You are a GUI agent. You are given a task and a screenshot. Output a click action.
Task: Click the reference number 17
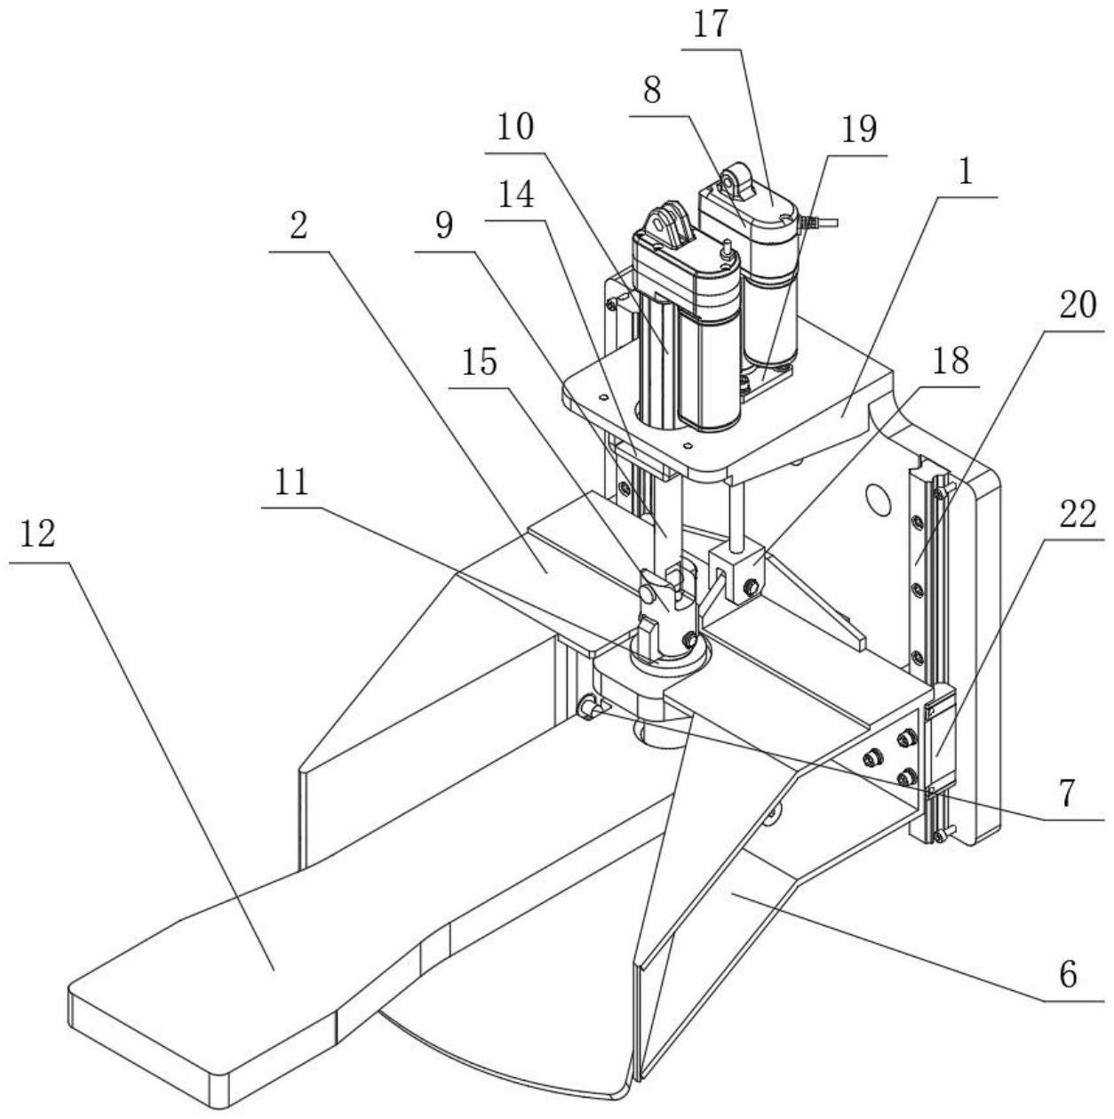(x=712, y=26)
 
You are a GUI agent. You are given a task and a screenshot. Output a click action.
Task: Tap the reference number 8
(x=652, y=92)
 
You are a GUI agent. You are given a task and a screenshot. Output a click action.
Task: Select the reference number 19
(x=858, y=130)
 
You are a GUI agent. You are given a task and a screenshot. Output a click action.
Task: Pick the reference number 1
(x=966, y=171)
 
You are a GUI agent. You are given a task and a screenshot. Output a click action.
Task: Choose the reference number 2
(x=298, y=226)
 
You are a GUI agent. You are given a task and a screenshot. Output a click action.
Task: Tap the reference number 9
(x=444, y=226)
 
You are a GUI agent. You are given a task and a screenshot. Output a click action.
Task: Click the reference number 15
(x=480, y=362)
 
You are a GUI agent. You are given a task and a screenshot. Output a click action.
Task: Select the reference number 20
(x=1078, y=305)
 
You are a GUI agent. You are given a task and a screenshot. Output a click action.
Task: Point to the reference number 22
(x=1078, y=514)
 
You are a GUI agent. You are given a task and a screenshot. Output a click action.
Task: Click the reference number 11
(x=291, y=482)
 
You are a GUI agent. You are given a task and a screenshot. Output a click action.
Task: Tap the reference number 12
(x=37, y=533)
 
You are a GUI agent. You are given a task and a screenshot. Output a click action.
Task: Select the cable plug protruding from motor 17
(x=818, y=221)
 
